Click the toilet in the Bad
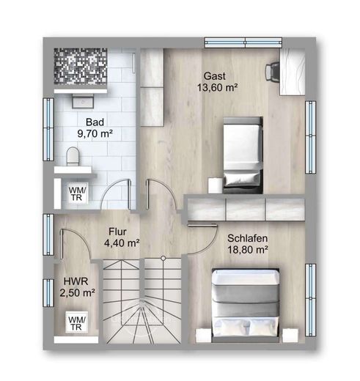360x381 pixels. (x=73, y=156)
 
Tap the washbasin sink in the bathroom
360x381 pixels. (x=83, y=101)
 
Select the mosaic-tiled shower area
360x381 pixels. (x=81, y=67)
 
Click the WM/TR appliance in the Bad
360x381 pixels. (x=77, y=193)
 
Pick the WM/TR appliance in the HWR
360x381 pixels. (x=77, y=322)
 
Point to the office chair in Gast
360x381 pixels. (x=272, y=71)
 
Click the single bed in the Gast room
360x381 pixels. (x=243, y=155)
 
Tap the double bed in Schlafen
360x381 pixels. (x=246, y=306)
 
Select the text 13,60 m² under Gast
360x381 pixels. (x=217, y=87)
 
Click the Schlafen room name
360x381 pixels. (x=247, y=238)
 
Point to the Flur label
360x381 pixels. (x=117, y=232)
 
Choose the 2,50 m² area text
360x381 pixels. (x=77, y=293)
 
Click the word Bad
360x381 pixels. (x=95, y=122)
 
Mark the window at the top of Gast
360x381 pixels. (x=243, y=42)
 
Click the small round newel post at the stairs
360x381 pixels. (x=163, y=257)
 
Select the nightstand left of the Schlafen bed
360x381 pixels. (x=203, y=336)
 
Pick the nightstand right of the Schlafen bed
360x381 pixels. (x=290, y=336)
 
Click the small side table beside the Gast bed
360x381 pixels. (x=215, y=185)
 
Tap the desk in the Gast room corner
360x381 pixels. (x=293, y=72)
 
